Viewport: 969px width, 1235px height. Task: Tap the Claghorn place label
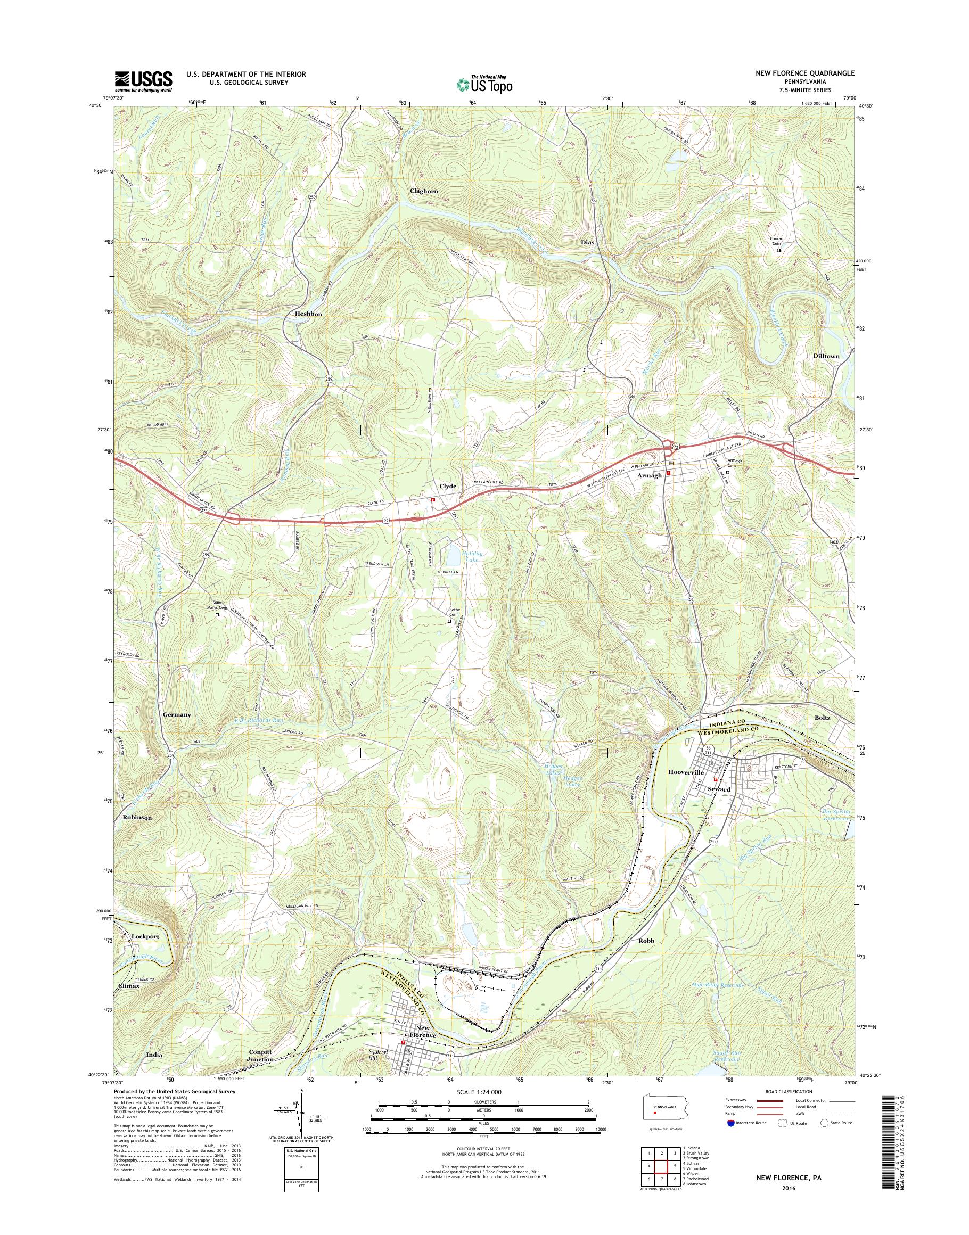point(424,191)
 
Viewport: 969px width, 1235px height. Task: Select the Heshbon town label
point(309,314)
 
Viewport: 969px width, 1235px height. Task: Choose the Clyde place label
point(448,486)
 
